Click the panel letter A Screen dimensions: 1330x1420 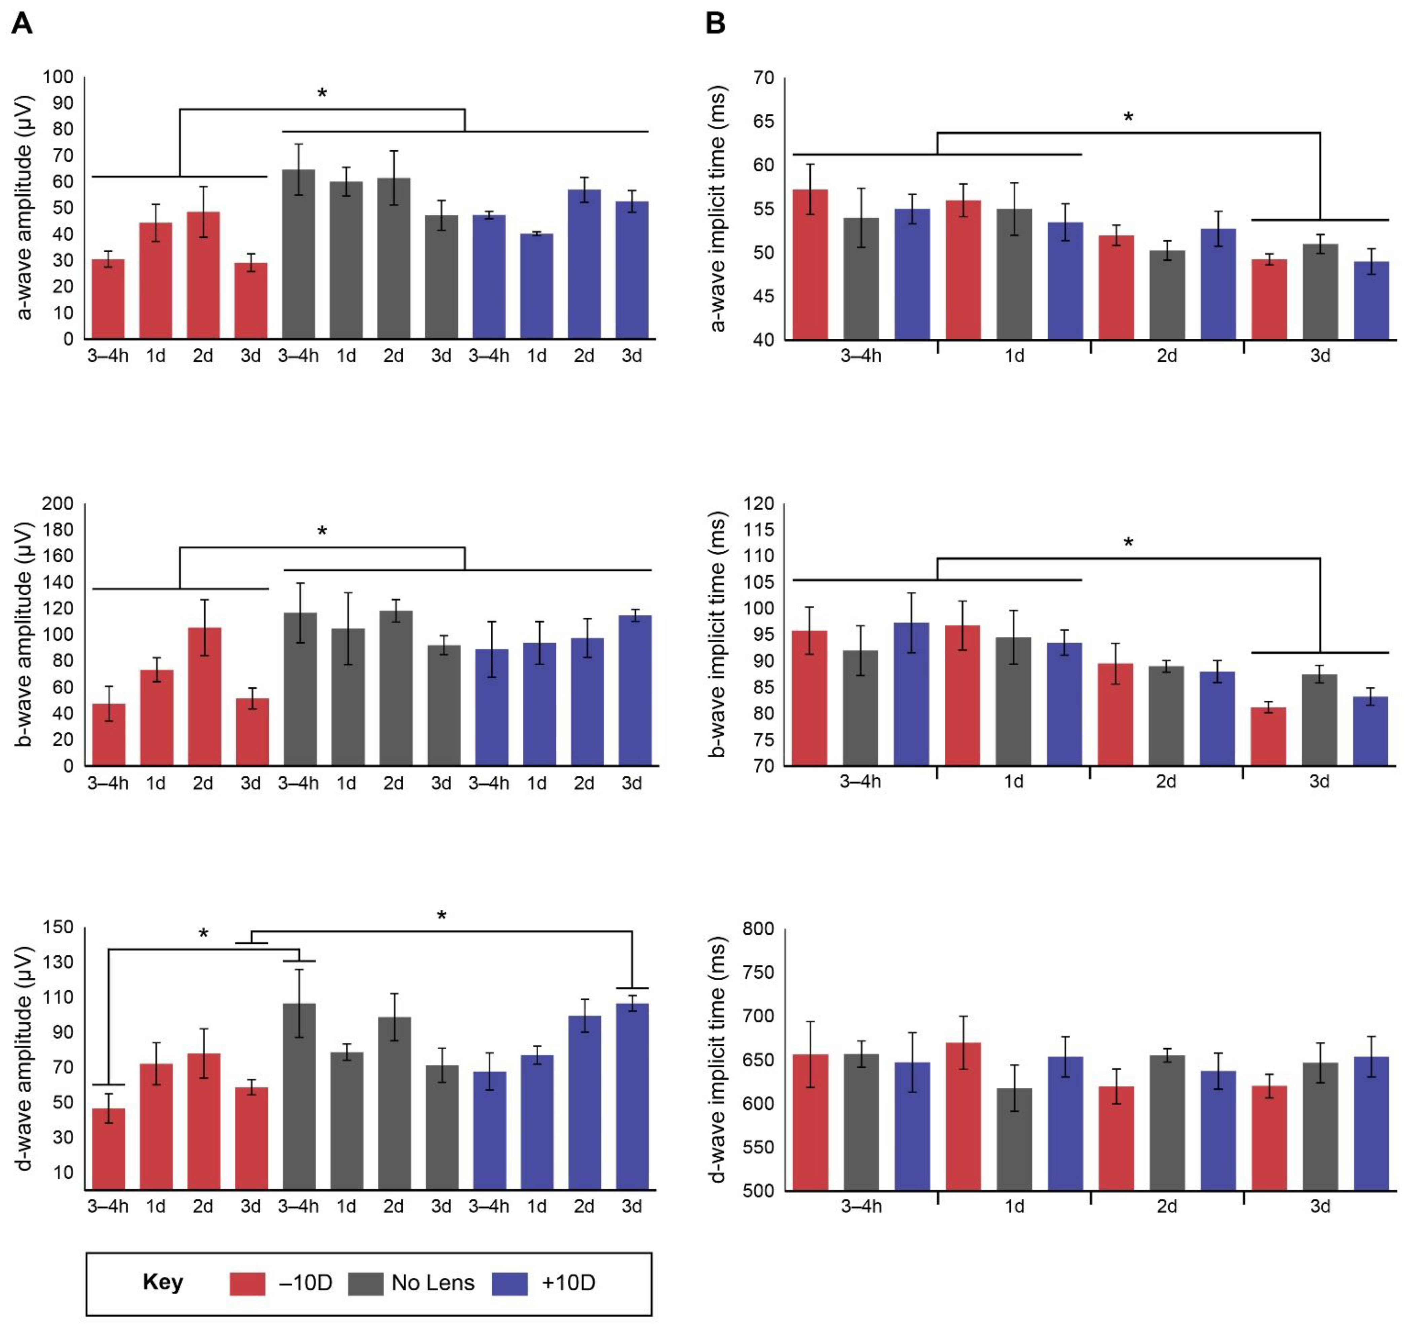click(x=22, y=24)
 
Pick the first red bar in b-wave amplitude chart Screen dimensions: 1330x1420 click(x=109, y=734)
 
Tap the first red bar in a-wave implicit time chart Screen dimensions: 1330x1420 click(x=810, y=264)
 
